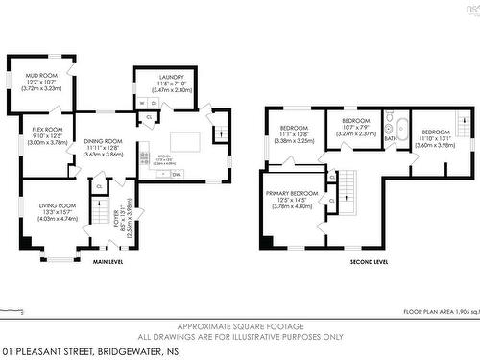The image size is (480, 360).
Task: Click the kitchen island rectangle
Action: [x=184, y=141]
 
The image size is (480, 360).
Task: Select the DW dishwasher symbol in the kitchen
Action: [x=177, y=174]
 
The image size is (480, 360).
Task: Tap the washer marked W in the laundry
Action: [x=142, y=103]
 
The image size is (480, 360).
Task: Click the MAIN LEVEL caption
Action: [x=107, y=261]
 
